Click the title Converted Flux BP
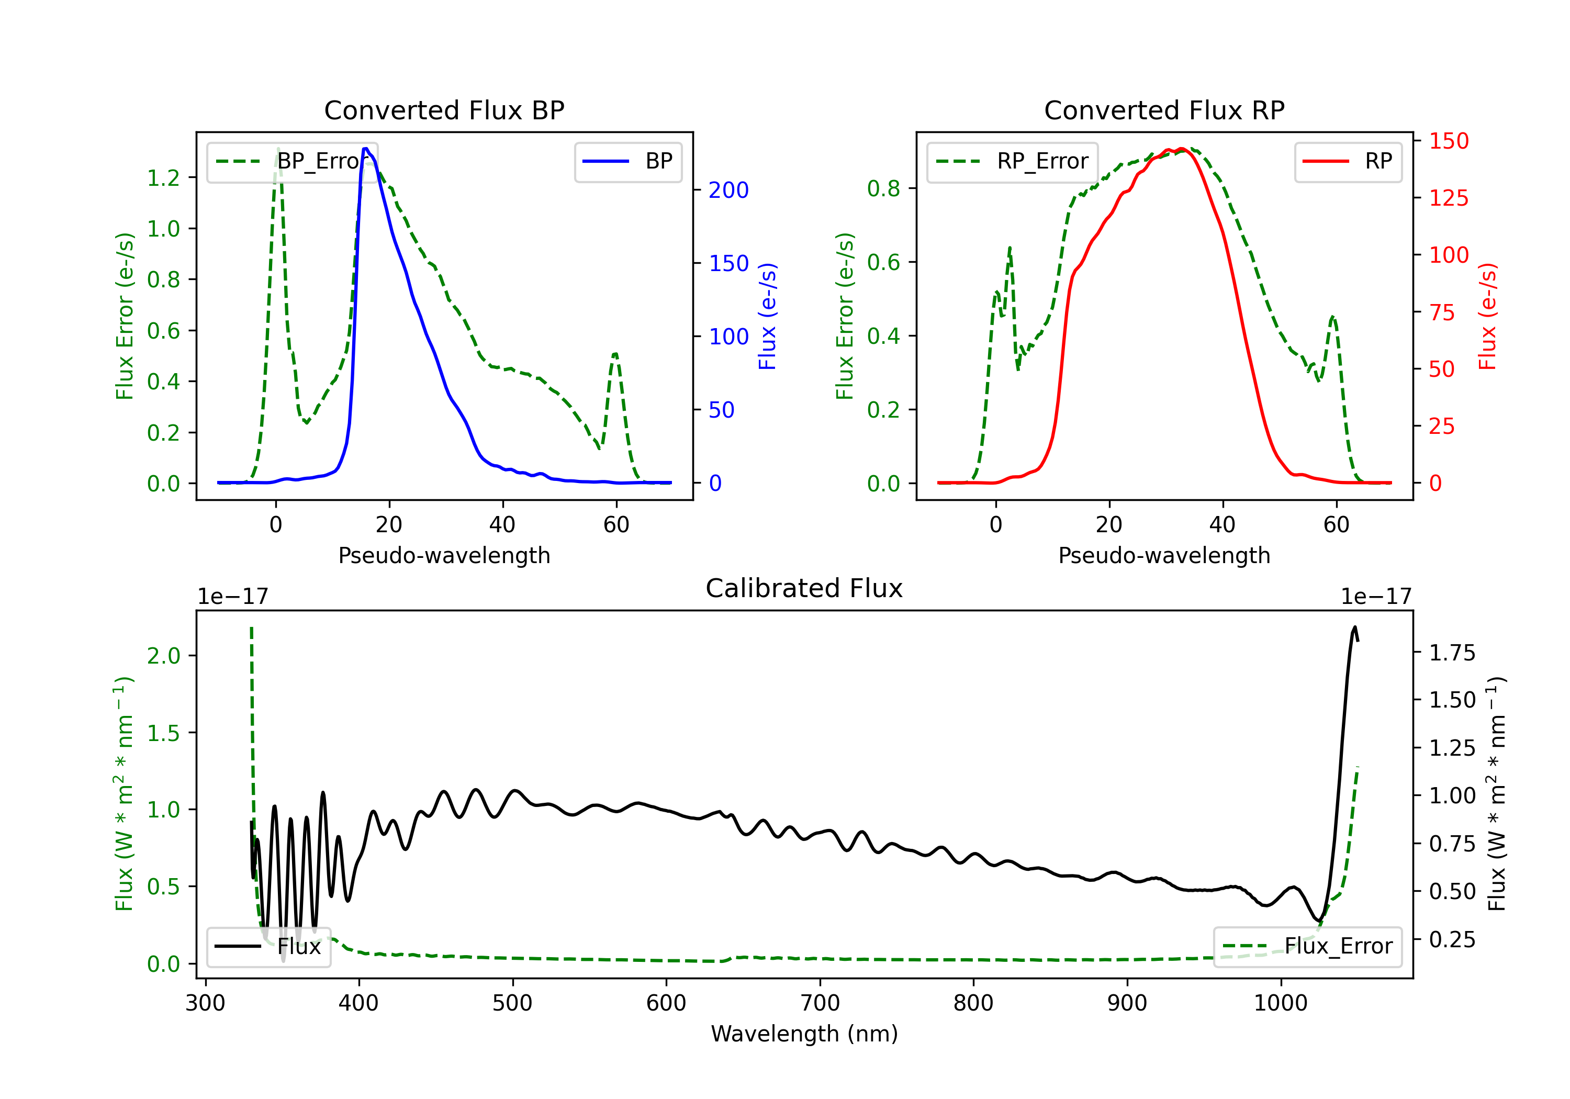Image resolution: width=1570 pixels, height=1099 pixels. click(444, 110)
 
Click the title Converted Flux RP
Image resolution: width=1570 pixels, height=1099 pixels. click(1164, 110)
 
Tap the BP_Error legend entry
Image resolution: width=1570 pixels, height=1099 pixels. click(292, 161)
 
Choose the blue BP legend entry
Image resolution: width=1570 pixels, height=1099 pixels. click(627, 161)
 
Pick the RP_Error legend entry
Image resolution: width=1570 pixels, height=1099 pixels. click(1012, 161)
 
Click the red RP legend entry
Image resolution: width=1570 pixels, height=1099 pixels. click(1348, 161)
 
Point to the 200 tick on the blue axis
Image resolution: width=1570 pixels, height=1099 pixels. click(728, 190)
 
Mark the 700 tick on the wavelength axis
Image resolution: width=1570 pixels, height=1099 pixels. click(820, 1003)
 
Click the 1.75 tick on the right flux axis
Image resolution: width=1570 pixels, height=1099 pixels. click(1452, 653)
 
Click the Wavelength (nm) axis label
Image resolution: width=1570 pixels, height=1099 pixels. click(804, 1034)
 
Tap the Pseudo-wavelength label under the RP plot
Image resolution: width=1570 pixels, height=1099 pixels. click(1164, 555)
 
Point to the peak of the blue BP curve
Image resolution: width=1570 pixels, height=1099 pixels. click(366, 149)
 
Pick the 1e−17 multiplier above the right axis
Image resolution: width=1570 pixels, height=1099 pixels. click(1376, 597)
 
